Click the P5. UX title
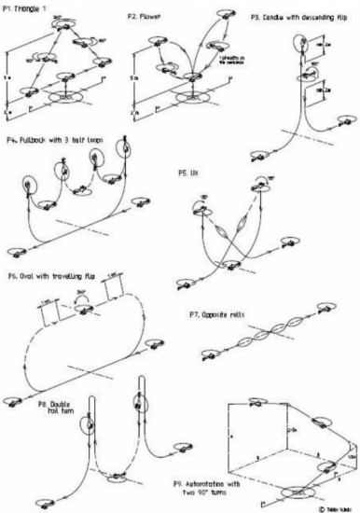tap(189, 172)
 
